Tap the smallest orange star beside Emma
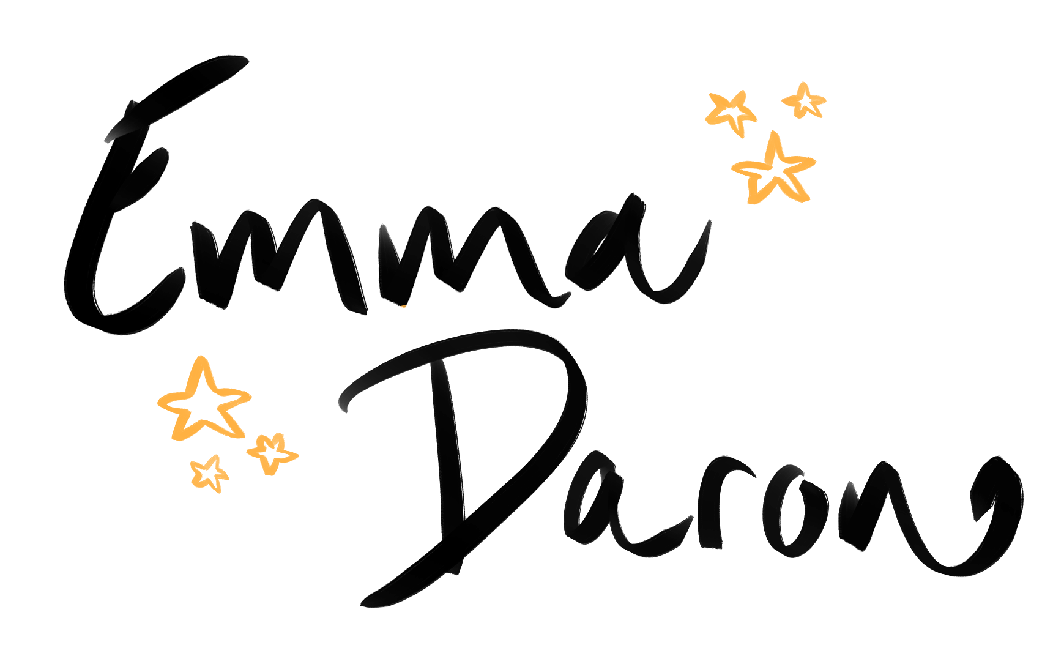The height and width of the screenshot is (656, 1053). tap(804, 101)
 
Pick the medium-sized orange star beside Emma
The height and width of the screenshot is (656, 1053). tap(731, 112)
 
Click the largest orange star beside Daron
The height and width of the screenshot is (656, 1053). tap(203, 401)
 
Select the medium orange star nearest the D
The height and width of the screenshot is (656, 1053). tap(271, 452)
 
